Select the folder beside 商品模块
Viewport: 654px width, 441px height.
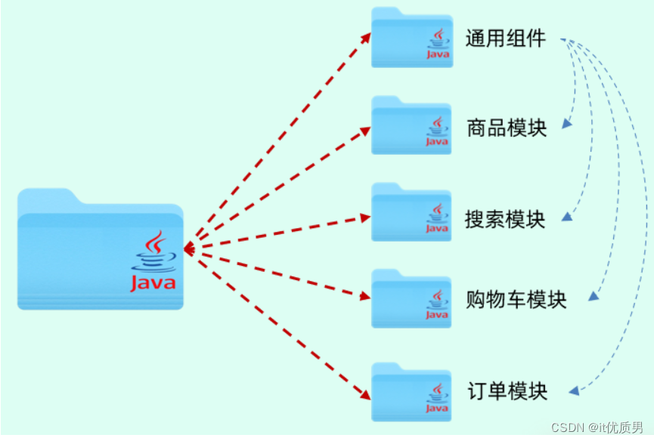coord(411,127)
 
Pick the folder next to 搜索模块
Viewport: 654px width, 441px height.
coord(411,214)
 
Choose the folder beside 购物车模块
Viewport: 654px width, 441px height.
coord(411,300)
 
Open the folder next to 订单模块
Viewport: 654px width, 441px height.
coord(411,393)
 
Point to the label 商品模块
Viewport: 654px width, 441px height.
coord(507,127)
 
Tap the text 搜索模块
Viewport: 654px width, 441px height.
coord(505,219)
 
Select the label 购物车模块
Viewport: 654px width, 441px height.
coord(516,300)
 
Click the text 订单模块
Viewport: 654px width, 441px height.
coord(507,391)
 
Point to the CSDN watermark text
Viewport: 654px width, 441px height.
coord(597,427)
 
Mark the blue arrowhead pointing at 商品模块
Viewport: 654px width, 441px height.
coord(566,124)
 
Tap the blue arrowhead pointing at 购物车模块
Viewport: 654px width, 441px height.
coord(594,297)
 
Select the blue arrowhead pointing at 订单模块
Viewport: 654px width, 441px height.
coord(575,390)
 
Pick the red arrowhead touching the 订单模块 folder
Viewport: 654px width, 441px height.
coord(366,393)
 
